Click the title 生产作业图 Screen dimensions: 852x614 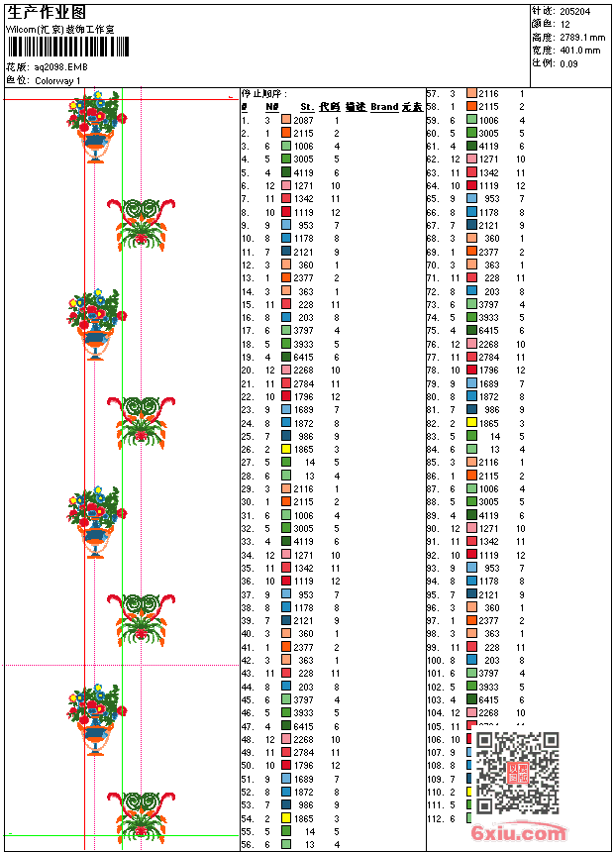(x=47, y=12)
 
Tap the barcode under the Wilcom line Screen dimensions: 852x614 (x=60, y=47)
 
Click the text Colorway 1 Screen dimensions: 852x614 (x=58, y=80)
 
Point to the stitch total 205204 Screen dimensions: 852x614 (x=574, y=10)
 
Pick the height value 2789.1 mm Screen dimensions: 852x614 (x=579, y=36)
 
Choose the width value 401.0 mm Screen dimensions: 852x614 (x=579, y=50)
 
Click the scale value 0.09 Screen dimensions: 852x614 (x=568, y=62)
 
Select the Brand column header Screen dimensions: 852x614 (x=384, y=106)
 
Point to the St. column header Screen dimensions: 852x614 (x=307, y=106)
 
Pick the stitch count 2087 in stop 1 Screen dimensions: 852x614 (x=303, y=119)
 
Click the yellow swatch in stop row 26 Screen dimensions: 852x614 (x=286, y=449)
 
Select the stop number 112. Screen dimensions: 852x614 (x=435, y=818)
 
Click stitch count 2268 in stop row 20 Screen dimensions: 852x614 (x=303, y=370)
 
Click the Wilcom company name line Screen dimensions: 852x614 (x=60, y=29)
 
